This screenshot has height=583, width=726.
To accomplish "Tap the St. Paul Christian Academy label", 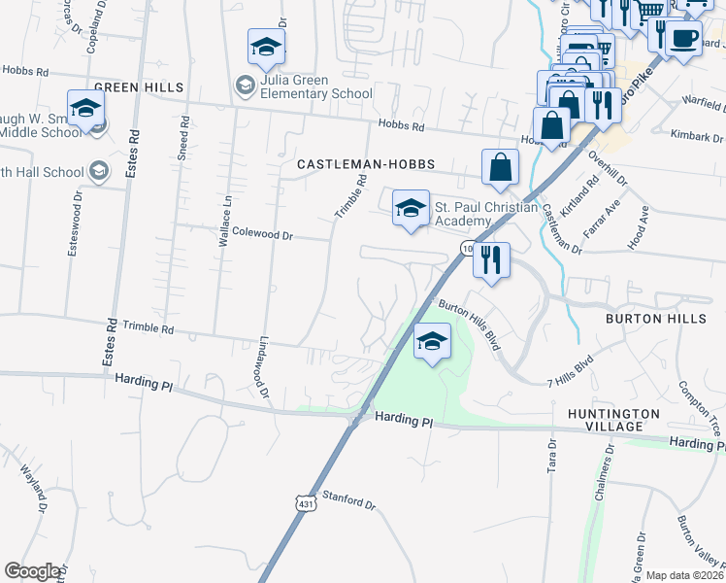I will click(x=485, y=214).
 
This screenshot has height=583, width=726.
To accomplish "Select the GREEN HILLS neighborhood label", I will click(x=145, y=87).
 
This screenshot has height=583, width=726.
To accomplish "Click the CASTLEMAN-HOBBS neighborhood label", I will click(x=365, y=165).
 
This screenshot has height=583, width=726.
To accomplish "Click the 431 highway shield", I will click(x=306, y=505).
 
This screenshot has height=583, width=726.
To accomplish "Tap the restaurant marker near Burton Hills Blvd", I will click(x=492, y=259).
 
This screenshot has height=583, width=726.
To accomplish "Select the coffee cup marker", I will click(x=683, y=39).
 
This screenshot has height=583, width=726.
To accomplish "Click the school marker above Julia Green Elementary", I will click(x=266, y=46).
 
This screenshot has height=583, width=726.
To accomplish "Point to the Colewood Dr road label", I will click(x=263, y=234).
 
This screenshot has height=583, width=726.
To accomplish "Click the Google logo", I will click(x=33, y=571).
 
